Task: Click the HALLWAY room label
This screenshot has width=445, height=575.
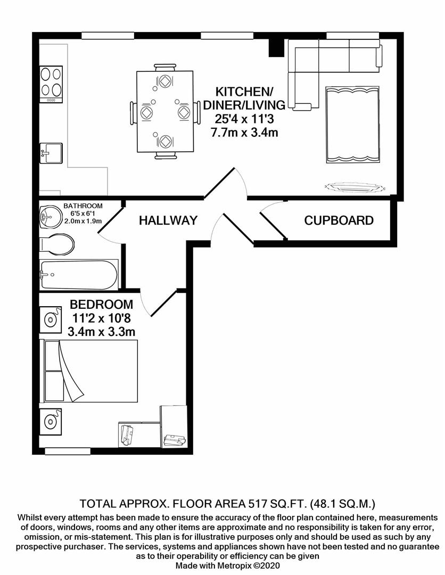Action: click(168, 220)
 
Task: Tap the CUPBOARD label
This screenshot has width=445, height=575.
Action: click(339, 220)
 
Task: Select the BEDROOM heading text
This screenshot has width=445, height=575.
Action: click(102, 305)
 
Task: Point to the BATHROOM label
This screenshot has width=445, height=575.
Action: click(83, 206)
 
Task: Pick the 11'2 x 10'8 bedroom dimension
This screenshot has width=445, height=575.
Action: click(102, 318)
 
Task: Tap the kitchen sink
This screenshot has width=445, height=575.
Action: click(52, 153)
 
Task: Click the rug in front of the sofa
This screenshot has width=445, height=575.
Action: click(352, 125)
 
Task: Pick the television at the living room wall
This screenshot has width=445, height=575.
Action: click(355, 187)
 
